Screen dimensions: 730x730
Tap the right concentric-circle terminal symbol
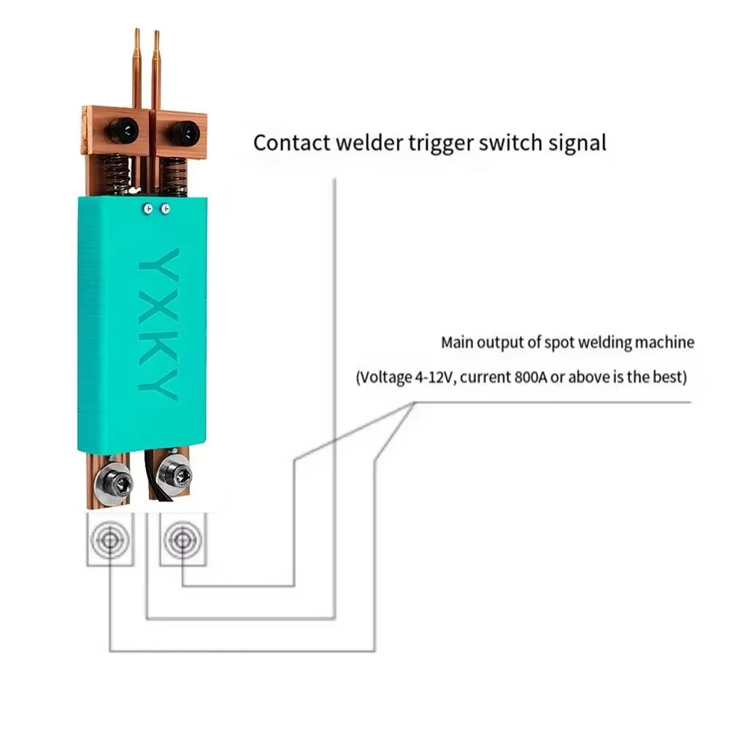(x=182, y=540)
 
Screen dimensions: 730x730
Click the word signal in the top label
(x=576, y=142)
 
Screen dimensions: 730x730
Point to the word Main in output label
(x=458, y=342)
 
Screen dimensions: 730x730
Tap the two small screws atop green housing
(x=155, y=209)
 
